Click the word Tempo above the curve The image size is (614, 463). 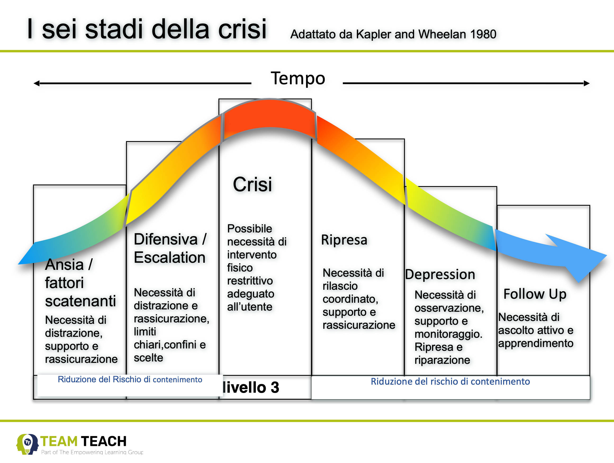click(x=298, y=79)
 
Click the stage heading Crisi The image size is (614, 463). click(x=252, y=184)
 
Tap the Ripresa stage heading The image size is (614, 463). click(x=344, y=240)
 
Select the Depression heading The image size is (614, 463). click(x=440, y=275)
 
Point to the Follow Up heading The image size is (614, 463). click(x=535, y=294)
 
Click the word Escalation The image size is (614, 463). click(x=170, y=258)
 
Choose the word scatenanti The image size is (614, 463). click(x=81, y=301)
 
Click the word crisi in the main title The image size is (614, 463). click(x=242, y=29)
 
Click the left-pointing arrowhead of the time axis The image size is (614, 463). click(x=37, y=83)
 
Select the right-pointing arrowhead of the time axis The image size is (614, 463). click(x=586, y=83)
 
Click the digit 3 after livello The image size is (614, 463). click(x=275, y=387)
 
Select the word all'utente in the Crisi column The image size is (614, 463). click(x=249, y=307)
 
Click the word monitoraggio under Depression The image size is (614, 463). click(x=448, y=334)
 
